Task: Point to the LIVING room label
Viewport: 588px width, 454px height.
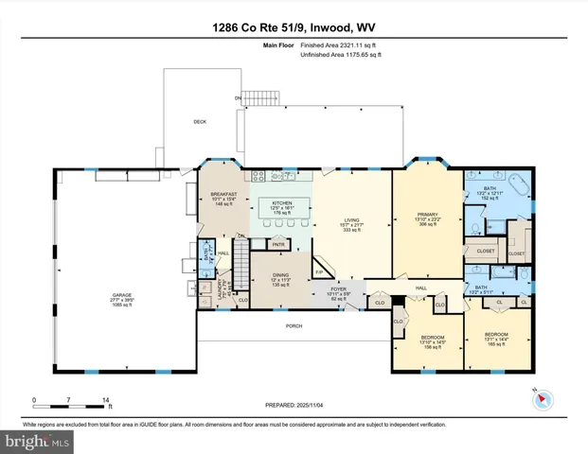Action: (353, 224)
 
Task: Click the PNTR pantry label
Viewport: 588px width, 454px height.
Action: (278, 245)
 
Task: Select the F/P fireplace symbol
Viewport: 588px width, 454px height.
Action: (319, 271)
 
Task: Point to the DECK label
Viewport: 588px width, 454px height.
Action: (200, 121)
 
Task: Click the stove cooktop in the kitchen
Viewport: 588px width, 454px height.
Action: (280, 175)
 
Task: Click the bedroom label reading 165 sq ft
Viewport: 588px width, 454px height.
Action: (496, 340)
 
